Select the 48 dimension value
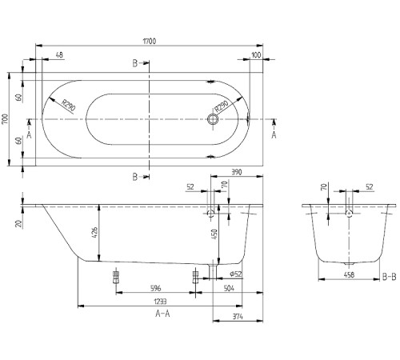(59, 54)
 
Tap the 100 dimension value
(256, 54)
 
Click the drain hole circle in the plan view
(213, 120)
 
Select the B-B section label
(389, 276)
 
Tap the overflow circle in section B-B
(348, 214)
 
